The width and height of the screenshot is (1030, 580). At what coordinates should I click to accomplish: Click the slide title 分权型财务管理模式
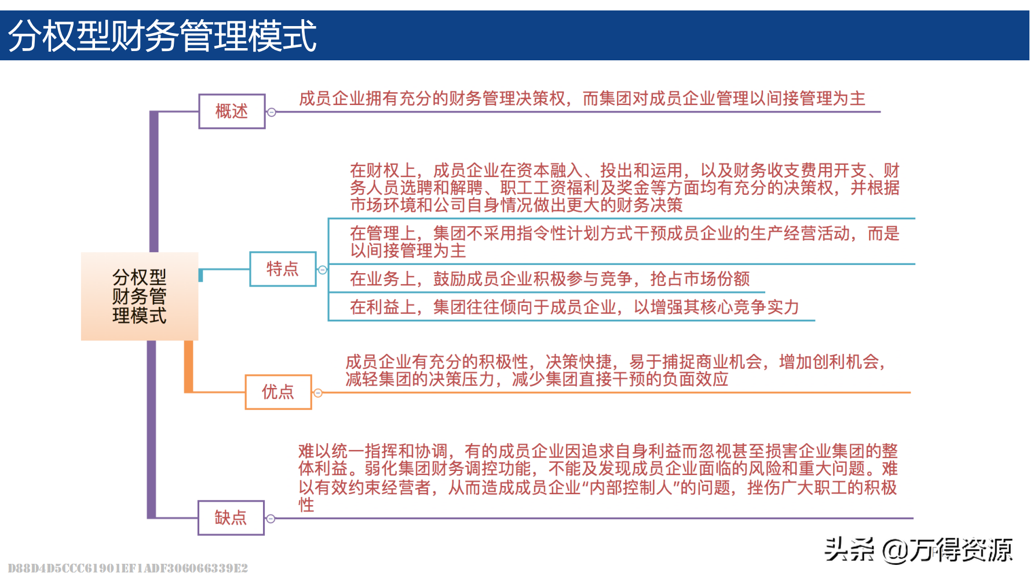tap(162, 36)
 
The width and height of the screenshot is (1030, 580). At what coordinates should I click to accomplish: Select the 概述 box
tap(232, 111)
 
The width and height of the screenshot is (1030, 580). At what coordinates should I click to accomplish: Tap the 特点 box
tap(283, 269)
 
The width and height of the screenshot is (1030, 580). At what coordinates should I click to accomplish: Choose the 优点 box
tap(278, 392)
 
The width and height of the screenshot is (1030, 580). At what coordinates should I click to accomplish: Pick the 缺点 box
tap(231, 518)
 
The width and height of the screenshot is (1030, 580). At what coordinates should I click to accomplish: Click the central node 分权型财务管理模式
tap(140, 296)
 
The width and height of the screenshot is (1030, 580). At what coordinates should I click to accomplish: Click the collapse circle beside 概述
tap(272, 112)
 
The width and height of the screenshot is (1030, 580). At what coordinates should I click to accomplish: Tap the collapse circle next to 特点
tap(323, 270)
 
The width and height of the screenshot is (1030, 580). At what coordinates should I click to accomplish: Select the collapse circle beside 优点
tap(318, 393)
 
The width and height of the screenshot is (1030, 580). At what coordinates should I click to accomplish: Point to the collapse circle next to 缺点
tap(271, 519)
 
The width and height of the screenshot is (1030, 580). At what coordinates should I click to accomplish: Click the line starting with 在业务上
tap(549, 279)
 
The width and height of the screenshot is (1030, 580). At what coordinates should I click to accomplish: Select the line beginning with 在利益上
tap(574, 307)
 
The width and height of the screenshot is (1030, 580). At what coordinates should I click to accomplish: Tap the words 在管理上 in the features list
tap(382, 234)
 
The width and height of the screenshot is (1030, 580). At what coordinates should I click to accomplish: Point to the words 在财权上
tap(382, 171)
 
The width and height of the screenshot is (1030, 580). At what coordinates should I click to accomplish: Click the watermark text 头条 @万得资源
tap(918, 550)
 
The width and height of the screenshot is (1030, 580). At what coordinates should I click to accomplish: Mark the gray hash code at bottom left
tap(127, 568)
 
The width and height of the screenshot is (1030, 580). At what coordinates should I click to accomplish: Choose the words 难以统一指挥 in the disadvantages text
tap(348, 451)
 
